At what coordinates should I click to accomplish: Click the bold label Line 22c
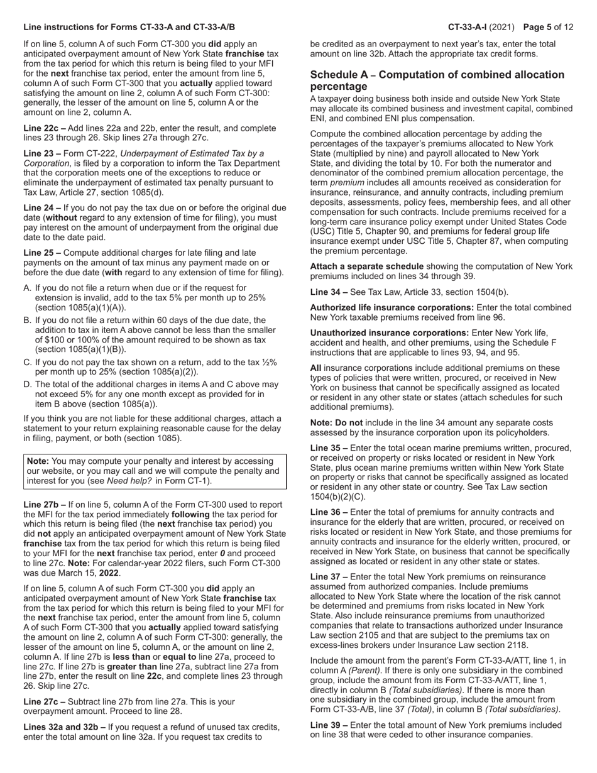[x=41, y=128]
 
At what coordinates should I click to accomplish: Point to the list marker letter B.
[x=27, y=320]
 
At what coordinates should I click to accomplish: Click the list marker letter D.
[x=27, y=385]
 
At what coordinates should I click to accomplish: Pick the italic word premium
[x=347, y=182]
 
